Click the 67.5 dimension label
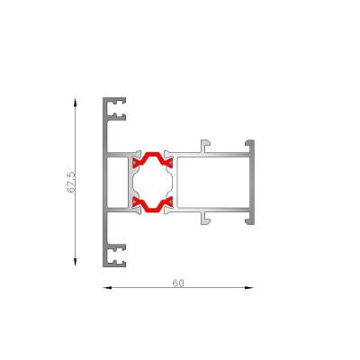(x=71, y=182)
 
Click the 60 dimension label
(x=178, y=283)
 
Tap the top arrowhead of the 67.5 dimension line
(x=75, y=102)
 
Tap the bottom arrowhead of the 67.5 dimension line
(x=75, y=262)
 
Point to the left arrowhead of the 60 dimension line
(x=107, y=288)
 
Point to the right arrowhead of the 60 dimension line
(x=249, y=288)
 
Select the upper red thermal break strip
(x=153, y=159)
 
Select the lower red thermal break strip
(x=153, y=205)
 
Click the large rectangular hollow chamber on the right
(x=212, y=182)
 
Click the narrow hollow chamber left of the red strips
(x=118, y=182)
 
